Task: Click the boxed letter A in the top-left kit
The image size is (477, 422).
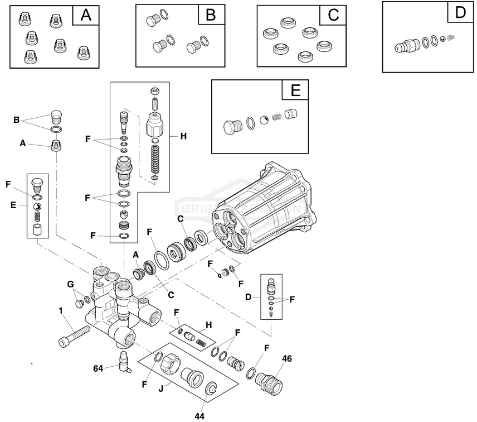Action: pos(86,15)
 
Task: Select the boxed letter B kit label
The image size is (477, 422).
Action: pos(211,15)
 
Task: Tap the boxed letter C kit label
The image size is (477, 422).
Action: pos(333,15)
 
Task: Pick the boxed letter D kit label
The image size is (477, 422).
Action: pos(460,12)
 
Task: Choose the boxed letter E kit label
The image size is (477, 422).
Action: pos(295,90)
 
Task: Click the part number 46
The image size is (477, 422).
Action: pos(287,358)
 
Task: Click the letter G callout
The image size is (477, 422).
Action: pos(71,284)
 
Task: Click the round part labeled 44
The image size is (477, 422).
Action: pos(211,390)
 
